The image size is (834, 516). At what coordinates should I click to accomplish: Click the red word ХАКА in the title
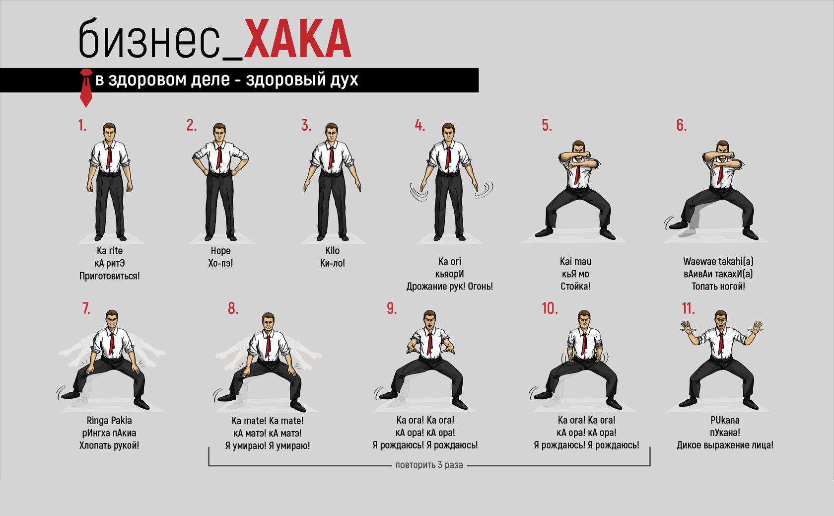coord(297,39)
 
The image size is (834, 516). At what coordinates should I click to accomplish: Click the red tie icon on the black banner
coord(86,87)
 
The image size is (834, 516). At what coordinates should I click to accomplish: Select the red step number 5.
coord(547,126)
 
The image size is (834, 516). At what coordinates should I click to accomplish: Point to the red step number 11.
coord(688,308)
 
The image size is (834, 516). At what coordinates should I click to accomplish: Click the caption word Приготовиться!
coord(109,276)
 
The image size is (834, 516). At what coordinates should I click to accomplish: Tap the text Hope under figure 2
coord(221,251)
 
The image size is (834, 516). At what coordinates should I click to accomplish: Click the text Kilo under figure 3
coord(333,250)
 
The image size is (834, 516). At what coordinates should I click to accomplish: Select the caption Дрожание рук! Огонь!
coord(449,287)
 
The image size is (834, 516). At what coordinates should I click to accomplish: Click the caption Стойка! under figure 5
coord(576,287)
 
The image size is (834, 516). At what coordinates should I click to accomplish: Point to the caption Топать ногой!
coord(718,287)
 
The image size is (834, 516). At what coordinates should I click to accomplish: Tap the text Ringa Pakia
coord(109,421)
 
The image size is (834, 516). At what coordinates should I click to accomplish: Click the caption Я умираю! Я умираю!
coord(267,445)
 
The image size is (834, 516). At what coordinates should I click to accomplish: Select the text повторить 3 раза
coord(429,465)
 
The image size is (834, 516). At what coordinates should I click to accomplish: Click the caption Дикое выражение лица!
coord(725,445)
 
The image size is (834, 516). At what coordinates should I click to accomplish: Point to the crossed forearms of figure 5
coord(575,156)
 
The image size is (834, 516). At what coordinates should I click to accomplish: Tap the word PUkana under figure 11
coord(725,420)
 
